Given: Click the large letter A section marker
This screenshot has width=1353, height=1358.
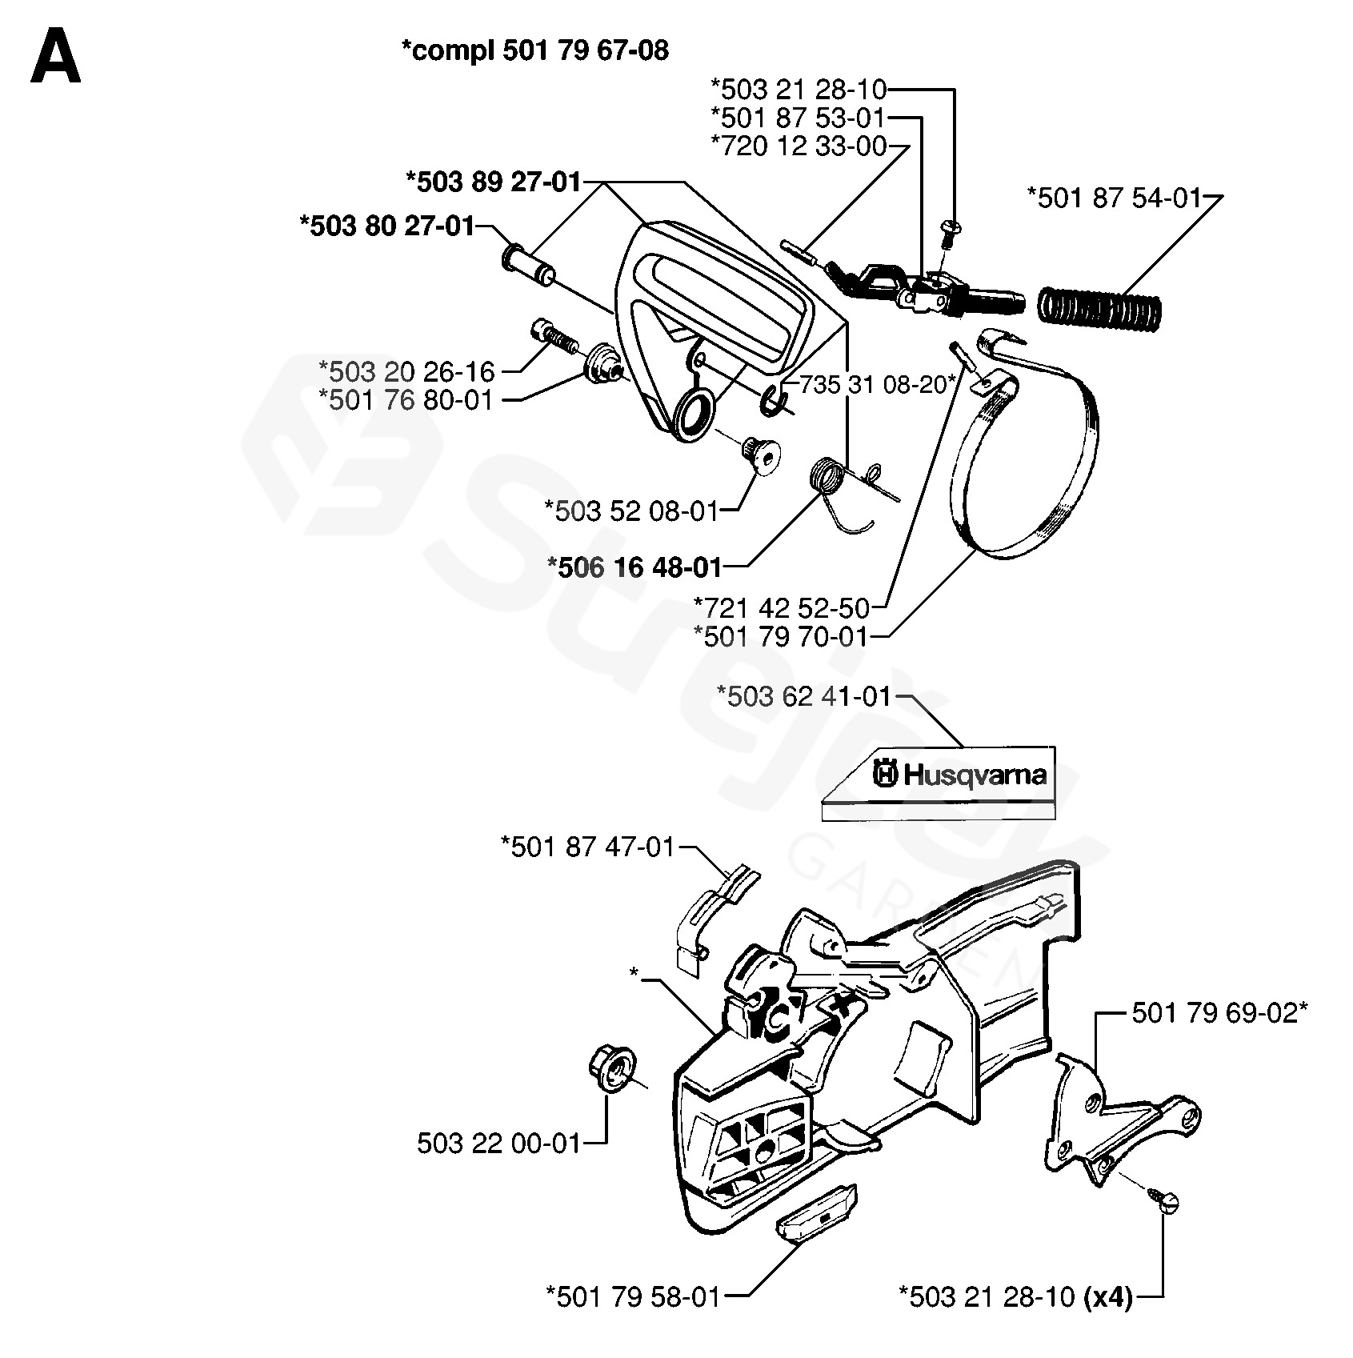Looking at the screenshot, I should (x=55, y=56).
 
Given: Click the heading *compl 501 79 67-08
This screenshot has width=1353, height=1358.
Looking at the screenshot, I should (x=534, y=51).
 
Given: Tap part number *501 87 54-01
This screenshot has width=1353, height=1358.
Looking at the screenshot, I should (x=1115, y=197).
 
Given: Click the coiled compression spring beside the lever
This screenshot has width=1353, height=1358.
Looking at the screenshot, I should (x=1099, y=306).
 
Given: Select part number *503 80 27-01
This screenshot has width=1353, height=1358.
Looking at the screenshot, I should (x=386, y=226).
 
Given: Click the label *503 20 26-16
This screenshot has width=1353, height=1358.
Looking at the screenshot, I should (x=406, y=371).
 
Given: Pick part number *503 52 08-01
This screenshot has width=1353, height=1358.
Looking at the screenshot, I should (x=631, y=510).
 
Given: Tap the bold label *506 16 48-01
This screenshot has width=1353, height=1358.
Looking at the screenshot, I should (x=634, y=567).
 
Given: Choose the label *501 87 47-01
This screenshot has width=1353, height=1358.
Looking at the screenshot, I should (x=588, y=846).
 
